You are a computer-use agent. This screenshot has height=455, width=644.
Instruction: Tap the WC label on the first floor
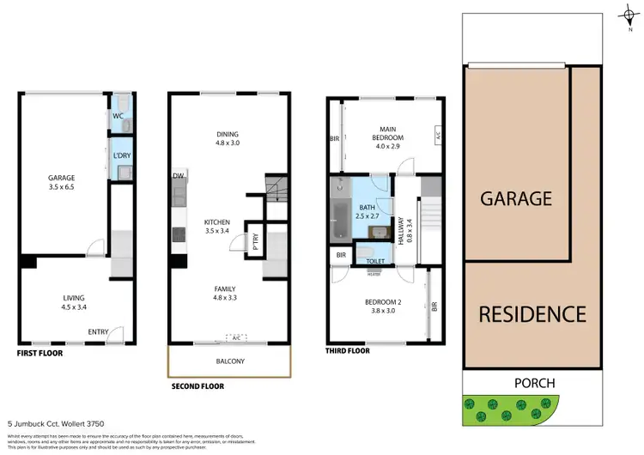tap(118, 116)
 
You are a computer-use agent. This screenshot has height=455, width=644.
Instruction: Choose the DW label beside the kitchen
tap(178, 176)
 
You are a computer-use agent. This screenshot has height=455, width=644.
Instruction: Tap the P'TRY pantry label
tap(254, 243)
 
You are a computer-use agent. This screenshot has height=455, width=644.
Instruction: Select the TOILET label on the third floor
tap(375, 261)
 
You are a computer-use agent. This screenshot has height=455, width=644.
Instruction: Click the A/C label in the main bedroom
tap(437, 136)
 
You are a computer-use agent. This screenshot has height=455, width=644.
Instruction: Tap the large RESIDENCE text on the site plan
tap(532, 314)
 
